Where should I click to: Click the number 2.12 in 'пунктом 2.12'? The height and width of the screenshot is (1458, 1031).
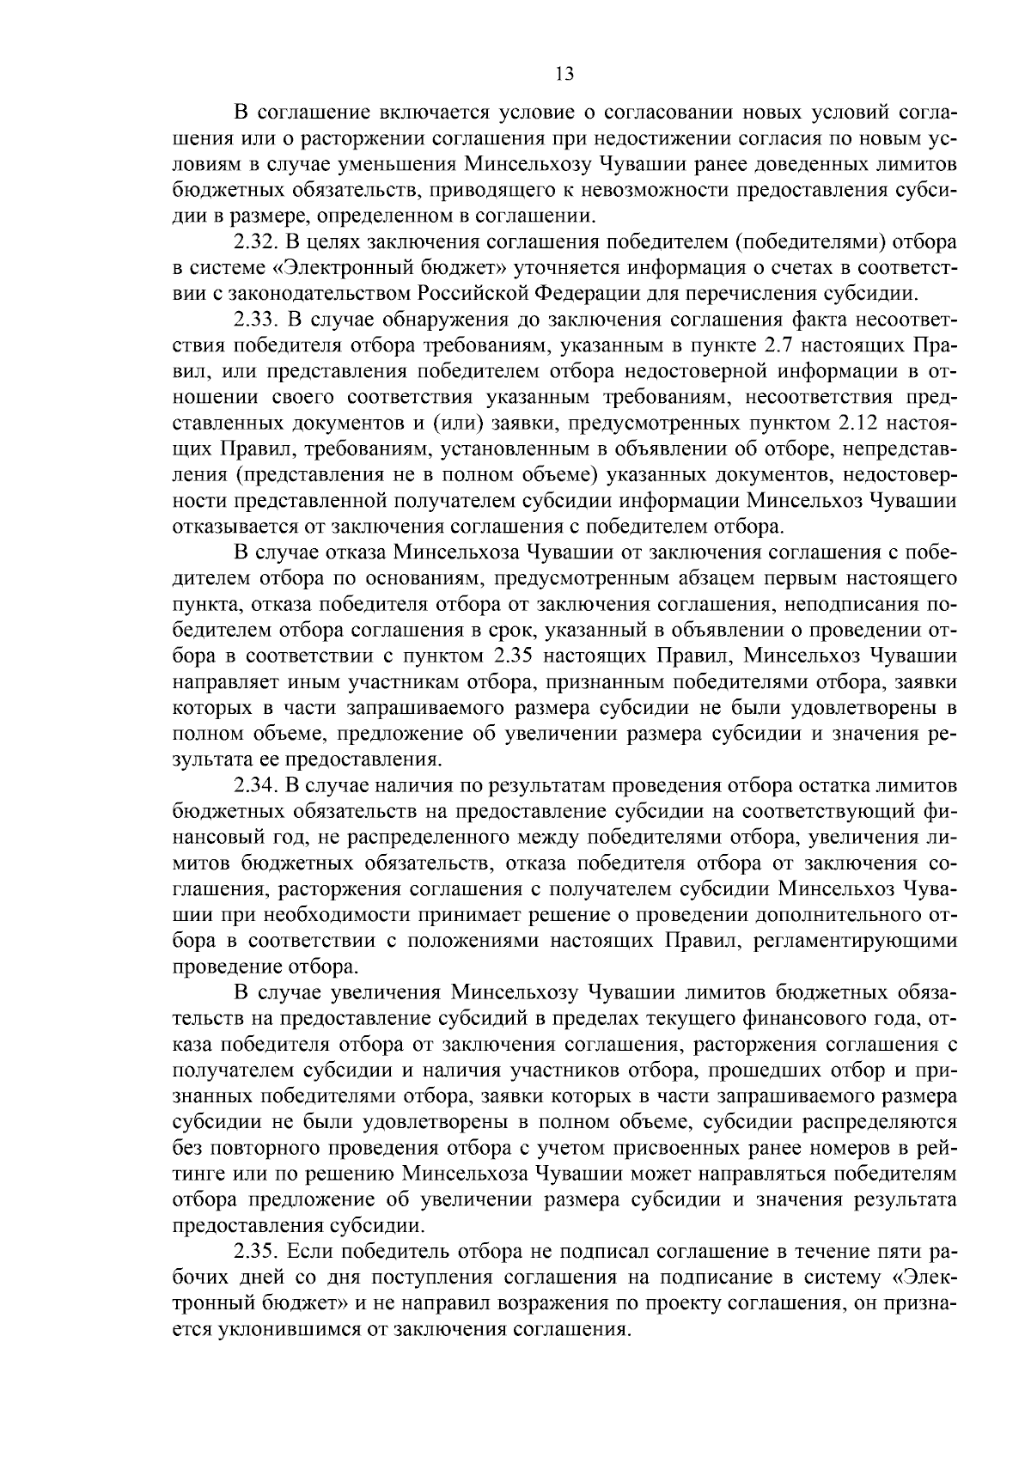point(852,424)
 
